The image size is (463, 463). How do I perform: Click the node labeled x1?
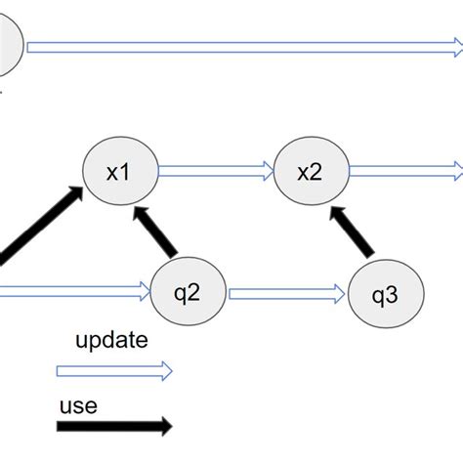tap(118, 172)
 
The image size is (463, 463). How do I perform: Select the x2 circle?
tap(309, 172)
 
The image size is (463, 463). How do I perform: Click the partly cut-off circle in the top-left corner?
tap(8, 47)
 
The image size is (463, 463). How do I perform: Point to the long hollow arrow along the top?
tap(244, 47)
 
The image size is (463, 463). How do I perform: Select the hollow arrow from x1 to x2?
tap(215, 172)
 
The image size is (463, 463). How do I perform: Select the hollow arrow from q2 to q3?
tap(287, 291)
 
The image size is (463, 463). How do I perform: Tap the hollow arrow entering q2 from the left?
tap(73, 289)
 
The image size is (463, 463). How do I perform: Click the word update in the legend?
tap(111, 341)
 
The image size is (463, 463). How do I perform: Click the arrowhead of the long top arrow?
tap(454, 47)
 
